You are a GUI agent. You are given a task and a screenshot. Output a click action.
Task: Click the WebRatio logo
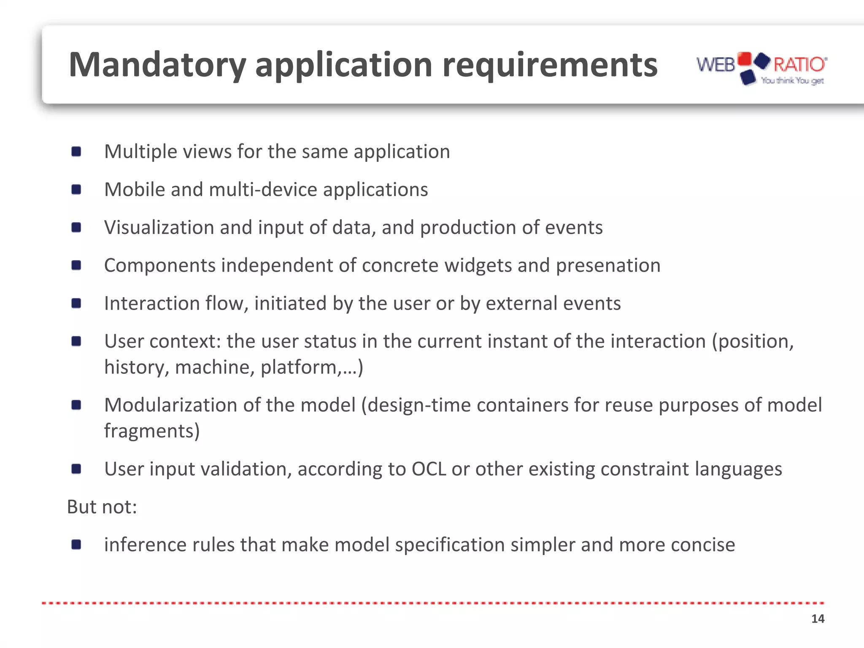pos(761,68)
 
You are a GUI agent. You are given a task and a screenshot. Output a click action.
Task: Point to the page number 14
pos(817,619)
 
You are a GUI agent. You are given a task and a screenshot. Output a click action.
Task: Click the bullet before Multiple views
pos(76,151)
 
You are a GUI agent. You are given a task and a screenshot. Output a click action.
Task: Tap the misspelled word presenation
pos(608,266)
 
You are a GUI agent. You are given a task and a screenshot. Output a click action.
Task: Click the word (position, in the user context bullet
pos(753,342)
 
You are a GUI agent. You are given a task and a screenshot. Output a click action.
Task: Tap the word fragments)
pos(152,431)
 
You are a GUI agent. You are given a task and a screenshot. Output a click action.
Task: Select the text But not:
pos(102,507)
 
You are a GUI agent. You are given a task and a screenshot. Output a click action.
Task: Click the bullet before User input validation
pos(76,469)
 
